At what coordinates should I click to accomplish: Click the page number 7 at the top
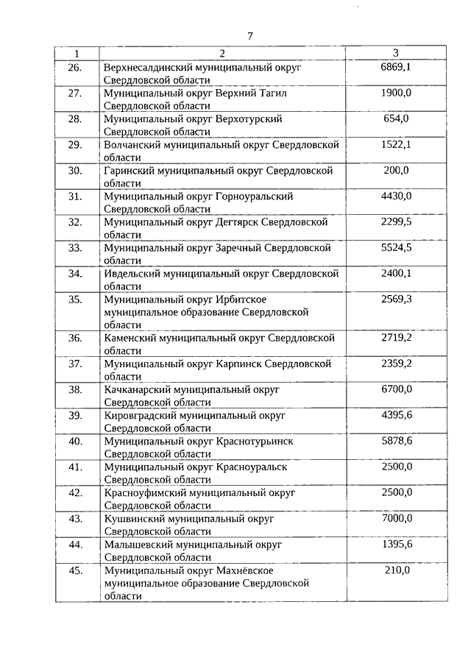point(250,36)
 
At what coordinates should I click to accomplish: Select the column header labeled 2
point(222,53)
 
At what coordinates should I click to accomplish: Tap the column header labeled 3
point(396,53)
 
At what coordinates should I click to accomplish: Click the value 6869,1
point(396,68)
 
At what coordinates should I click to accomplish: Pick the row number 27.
point(74,93)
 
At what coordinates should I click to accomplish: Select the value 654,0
point(396,118)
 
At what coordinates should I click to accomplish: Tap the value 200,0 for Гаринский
point(396,170)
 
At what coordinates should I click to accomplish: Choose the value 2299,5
point(396,222)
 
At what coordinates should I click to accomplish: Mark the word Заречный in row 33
point(238,248)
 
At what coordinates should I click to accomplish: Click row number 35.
point(74,300)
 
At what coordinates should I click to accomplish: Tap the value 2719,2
point(396,338)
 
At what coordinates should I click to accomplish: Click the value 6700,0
point(396,389)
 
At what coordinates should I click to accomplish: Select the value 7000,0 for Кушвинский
point(396,518)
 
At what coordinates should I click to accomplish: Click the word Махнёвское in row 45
point(245,570)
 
